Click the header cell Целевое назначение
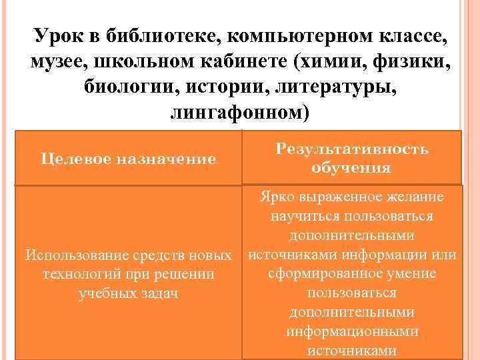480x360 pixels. (x=129, y=159)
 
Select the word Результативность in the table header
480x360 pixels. (x=351, y=149)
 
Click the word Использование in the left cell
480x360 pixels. (x=73, y=255)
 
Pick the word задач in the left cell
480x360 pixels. (x=159, y=293)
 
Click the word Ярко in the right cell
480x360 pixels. (x=277, y=197)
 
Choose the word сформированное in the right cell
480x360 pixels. (x=313, y=274)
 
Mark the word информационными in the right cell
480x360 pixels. (x=352, y=331)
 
